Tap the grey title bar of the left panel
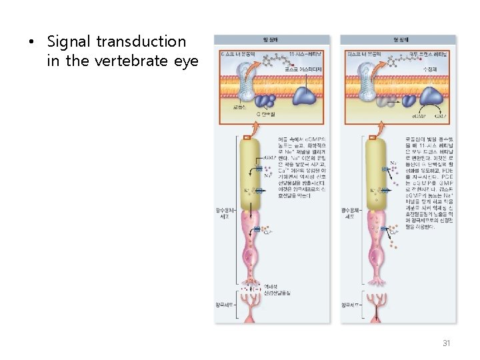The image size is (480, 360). click(271, 40)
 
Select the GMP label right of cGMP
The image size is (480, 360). click(441, 115)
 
